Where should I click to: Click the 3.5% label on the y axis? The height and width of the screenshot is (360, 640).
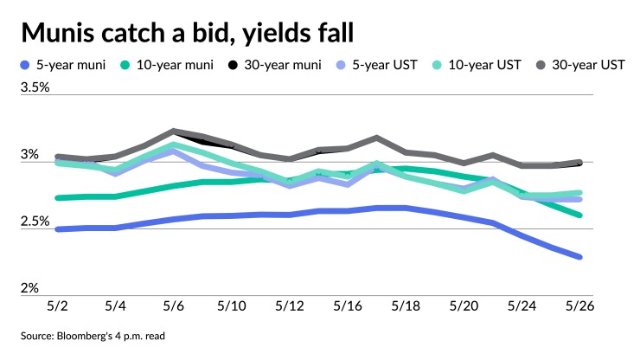35,87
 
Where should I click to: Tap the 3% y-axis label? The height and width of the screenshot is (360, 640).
30,154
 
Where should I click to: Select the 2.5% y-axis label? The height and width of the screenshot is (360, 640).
35,221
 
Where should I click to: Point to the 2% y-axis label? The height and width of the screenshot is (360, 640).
30,287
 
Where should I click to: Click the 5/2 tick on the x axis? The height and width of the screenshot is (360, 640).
56,306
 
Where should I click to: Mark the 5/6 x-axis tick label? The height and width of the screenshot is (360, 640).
173,306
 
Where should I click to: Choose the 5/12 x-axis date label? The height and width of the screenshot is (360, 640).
288,306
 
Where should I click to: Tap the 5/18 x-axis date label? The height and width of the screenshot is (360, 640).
405,306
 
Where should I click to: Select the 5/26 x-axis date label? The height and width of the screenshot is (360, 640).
580,306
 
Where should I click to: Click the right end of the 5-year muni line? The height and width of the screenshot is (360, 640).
579,257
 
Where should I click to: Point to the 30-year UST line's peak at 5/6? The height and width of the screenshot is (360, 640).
173,132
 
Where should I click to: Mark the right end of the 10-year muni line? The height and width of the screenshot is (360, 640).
579,215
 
